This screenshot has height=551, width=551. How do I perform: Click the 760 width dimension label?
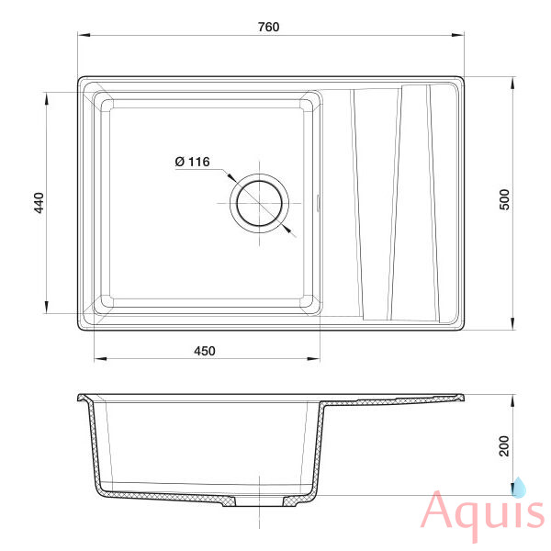(268, 27)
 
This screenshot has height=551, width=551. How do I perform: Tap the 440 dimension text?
(39, 203)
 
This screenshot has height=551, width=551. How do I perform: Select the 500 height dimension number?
(504, 199)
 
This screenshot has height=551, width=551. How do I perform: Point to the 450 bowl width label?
(205, 351)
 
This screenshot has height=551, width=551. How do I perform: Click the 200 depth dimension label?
(504, 446)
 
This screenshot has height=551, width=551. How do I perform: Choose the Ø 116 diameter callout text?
(192, 162)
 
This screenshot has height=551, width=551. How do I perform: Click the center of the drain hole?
(259, 203)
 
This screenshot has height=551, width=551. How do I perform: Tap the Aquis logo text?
(483, 513)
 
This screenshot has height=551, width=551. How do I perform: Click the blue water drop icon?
(520, 488)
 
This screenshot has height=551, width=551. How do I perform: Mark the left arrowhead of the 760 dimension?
(84, 35)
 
